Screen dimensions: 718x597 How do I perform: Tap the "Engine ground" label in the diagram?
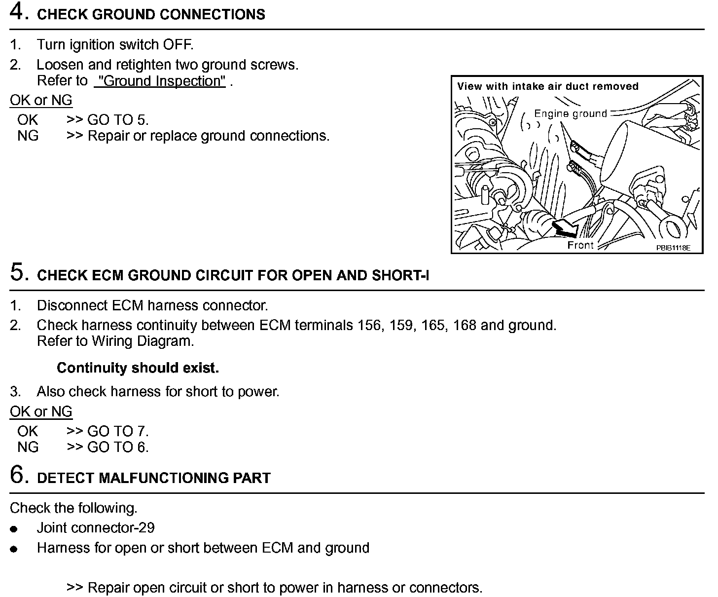click(x=571, y=114)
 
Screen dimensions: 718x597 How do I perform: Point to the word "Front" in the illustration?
click(x=580, y=245)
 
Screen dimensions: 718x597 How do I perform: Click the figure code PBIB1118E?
click(x=673, y=248)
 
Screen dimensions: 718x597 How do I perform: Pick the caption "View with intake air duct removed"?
click(x=547, y=86)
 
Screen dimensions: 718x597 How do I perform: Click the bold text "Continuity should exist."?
click(x=138, y=368)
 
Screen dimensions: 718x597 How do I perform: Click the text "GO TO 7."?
click(x=118, y=431)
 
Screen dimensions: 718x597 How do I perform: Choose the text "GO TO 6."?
click(x=118, y=447)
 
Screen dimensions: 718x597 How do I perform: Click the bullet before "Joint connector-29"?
click(x=14, y=529)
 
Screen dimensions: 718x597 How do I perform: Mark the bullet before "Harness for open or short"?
click(x=14, y=549)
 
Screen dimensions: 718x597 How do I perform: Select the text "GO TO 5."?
click(x=118, y=120)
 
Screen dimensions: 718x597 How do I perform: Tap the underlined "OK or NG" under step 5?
click(x=41, y=411)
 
